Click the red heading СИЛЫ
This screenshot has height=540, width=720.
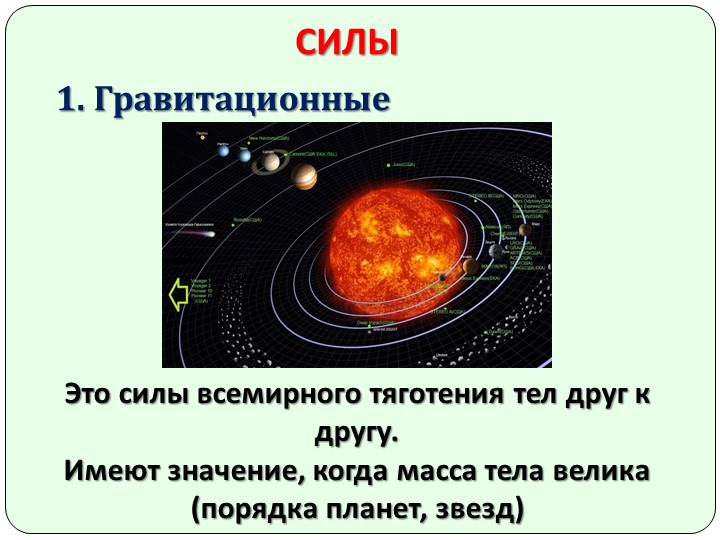point(348,43)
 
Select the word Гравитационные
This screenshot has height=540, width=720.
point(240,100)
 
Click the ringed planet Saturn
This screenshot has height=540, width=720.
point(269,162)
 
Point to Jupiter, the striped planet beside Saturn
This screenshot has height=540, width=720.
point(304,177)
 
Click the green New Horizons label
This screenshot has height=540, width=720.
point(266,138)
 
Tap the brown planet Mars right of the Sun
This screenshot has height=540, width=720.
point(524,230)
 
